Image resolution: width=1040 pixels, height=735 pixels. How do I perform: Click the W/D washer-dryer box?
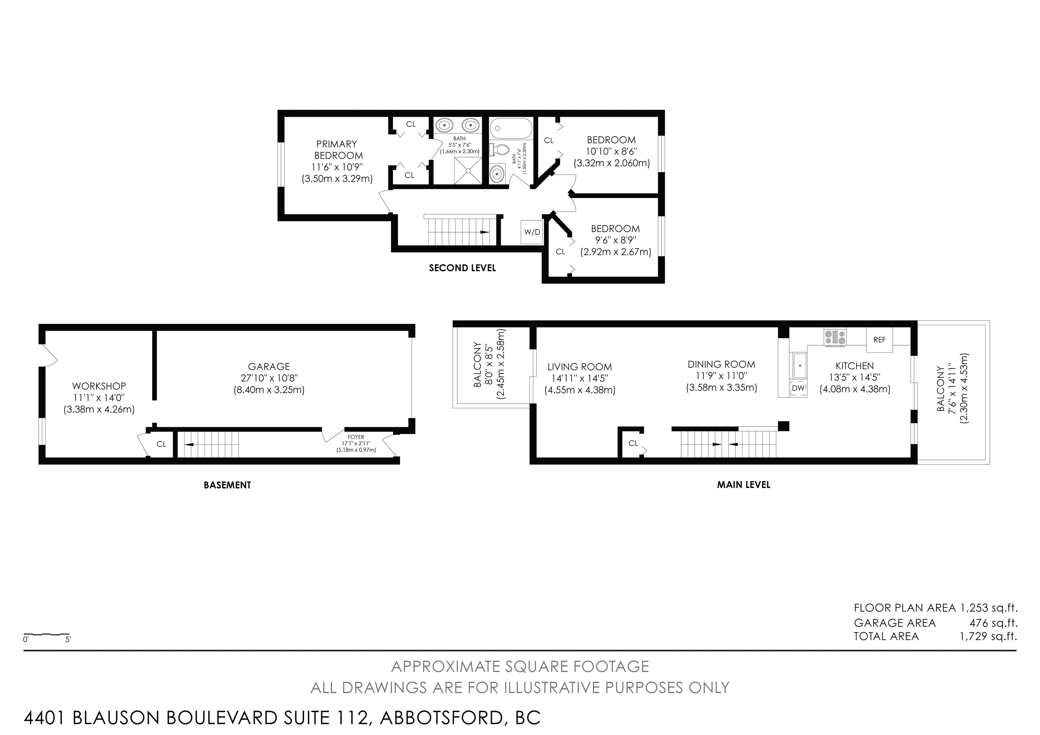click(532, 232)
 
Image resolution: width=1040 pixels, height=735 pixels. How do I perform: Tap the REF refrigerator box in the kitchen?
click(879, 340)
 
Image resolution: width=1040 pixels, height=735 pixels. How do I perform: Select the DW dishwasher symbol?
click(799, 388)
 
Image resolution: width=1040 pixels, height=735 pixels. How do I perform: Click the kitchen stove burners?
click(835, 338)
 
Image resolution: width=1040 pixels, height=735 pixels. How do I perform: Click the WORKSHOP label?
click(99, 386)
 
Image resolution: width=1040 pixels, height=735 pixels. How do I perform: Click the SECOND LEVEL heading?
click(462, 268)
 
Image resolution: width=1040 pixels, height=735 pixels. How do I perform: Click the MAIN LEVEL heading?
click(743, 484)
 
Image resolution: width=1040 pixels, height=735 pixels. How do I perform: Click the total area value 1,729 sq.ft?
click(988, 636)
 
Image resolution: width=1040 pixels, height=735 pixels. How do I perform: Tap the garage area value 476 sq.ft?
click(993, 623)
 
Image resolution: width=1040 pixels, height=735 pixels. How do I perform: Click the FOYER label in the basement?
click(356, 437)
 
